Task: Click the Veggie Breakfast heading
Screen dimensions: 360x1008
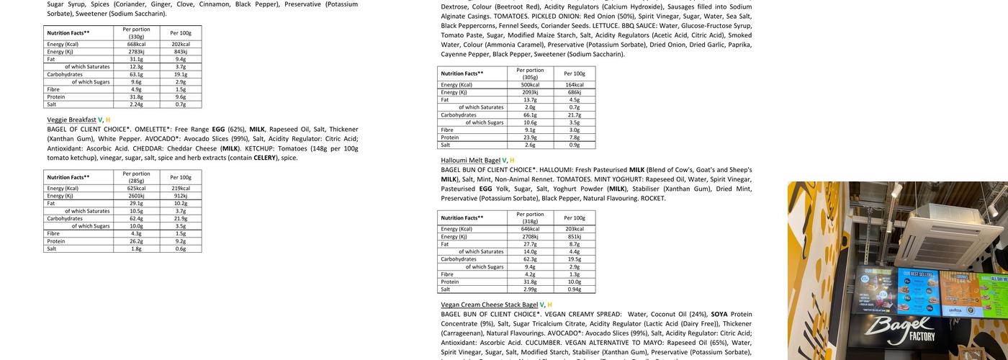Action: (x=71, y=120)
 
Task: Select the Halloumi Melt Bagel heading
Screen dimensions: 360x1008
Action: (x=470, y=160)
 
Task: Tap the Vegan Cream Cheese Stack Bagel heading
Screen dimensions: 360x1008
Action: (x=490, y=305)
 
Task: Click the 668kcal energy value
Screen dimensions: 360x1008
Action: (x=136, y=44)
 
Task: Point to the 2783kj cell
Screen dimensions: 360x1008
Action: (x=136, y=52)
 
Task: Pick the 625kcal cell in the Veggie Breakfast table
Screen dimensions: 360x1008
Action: (x=136, y=188)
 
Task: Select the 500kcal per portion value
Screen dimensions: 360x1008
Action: (x=531, y=84)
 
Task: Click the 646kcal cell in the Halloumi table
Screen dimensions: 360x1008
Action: (x=531, y=229)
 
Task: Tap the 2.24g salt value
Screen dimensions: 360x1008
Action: (x=136, y=104)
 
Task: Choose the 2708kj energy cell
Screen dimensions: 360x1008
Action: (x=531, y=236)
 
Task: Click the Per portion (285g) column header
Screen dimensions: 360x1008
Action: (x=136, y=176)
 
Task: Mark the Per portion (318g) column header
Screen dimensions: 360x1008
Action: (x=531, y=217)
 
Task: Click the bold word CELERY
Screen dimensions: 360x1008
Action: (x=265, y=158)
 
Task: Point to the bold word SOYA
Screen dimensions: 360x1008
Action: (x=719, y=314)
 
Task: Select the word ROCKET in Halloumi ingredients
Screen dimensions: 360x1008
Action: (x=653, y=198)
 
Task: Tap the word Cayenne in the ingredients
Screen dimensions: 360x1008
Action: (x=454, y=54)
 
